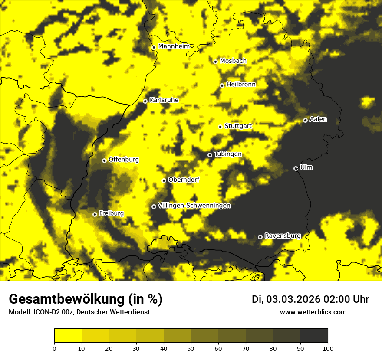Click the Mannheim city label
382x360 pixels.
point(174,46)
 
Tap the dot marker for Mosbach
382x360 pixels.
point(215,62)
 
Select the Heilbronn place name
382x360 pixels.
point(241,85)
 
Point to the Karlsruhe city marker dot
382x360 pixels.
point(145,101)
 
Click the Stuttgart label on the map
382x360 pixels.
point(238,126)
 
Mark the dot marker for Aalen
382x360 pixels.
point(305,120)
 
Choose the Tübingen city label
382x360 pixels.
point(228,154)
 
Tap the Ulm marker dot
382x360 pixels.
point(296,168)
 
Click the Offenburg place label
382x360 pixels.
point(124,160)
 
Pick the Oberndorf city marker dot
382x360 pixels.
point(164,180)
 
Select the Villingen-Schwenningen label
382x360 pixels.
point(194,206)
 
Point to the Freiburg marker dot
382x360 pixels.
point(95,214)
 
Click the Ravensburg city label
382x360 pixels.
point(283,236)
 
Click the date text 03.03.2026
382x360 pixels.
point(293,299)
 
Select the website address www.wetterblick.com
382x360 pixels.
point(313,312)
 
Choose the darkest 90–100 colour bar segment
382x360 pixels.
point(314,336)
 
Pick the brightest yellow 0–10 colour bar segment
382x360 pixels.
point(68,336)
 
